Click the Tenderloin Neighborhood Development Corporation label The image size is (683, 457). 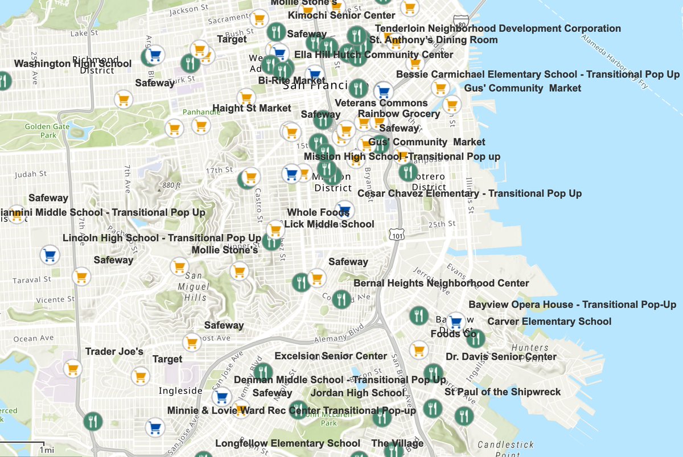coord(497,28)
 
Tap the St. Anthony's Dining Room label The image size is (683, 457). coord(433,40)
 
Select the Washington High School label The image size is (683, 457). coord(72,64)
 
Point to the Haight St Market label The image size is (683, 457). coord(252,108)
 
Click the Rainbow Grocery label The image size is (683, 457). coord(398,114)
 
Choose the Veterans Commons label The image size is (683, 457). coord(381,103)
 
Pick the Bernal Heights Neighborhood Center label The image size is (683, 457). coord(441,283)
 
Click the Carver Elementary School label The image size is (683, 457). coord(549,322)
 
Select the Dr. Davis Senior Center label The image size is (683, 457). coord(501,357)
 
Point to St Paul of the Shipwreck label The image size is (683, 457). coord(503,392)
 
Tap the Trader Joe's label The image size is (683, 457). coord(114,352)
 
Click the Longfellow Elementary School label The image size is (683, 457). coord(287,443)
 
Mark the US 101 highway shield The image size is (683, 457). coord(397,234)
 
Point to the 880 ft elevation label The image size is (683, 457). coord(171,186)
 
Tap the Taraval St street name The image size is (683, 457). coord(31,280)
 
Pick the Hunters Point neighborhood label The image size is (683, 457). coord(530,352)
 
